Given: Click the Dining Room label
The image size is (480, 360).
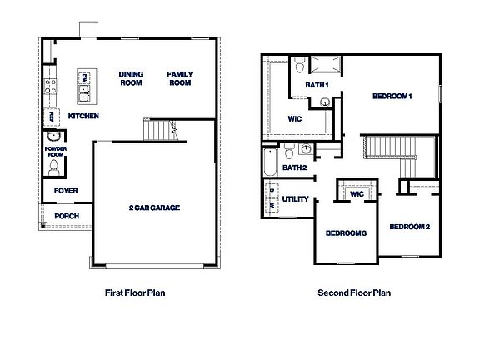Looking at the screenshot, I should click(x=131, y=78).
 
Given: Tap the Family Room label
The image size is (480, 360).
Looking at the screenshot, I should click(x=179, y=78).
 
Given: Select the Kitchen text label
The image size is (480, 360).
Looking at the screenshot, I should click(x=84, y=115).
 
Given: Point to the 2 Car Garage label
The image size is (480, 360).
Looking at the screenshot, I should click(x=154, y=207).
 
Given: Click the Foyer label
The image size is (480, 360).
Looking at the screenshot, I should click(x=66, y=191).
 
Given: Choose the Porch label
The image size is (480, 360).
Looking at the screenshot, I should click(x=67, y=217).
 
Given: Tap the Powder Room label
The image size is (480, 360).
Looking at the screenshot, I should click(x=55, y=151).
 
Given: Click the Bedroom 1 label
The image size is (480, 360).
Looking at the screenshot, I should click(x=392, y=97).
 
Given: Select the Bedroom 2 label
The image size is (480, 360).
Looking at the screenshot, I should click(x=409, y=227).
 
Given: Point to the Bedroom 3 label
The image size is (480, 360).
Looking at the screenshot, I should click(x=346, y=232).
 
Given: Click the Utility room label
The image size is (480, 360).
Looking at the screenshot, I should click(x=296, y=199).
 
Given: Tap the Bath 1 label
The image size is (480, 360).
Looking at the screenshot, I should click(x=317, y=85).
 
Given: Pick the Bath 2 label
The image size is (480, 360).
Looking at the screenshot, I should click(x=294, y=167).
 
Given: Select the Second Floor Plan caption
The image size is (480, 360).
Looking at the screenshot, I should click(x=354, y=292).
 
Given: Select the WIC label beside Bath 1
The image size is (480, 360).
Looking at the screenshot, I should click(x=296, y=118).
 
